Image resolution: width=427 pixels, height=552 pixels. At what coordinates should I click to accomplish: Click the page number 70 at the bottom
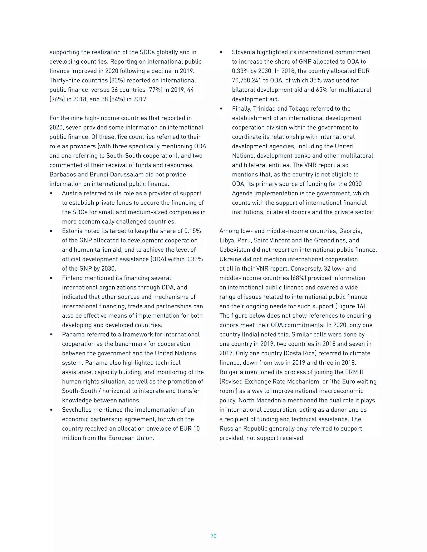click(213, 536)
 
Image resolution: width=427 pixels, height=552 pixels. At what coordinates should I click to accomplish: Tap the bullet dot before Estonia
click(51, 231)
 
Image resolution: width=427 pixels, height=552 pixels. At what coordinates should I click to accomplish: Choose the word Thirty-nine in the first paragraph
click(64, 80)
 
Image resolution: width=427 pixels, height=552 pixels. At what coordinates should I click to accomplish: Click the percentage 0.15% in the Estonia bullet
click(192, 231)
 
